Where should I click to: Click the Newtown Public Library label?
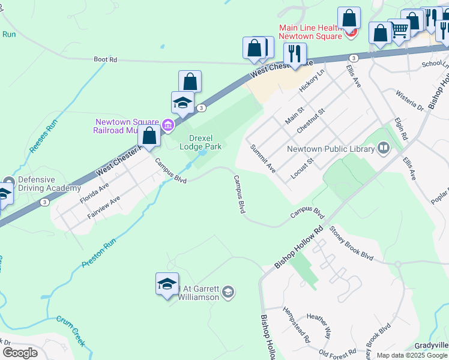pyautogui.click(x=330, y=149)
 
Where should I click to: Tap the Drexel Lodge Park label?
pyautogui.click(x=202, y=142)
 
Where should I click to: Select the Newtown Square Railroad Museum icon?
pyautogui.click(x=169, y=125)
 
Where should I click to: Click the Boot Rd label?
pyautogui.click(x=105, y=59)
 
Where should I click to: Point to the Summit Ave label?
pyautogui.click(x=263, y=159)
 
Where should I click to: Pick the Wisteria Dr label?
pyautogui.click(x=410, y=100)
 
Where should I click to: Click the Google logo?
pyautogui.click(x=20, y=353)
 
